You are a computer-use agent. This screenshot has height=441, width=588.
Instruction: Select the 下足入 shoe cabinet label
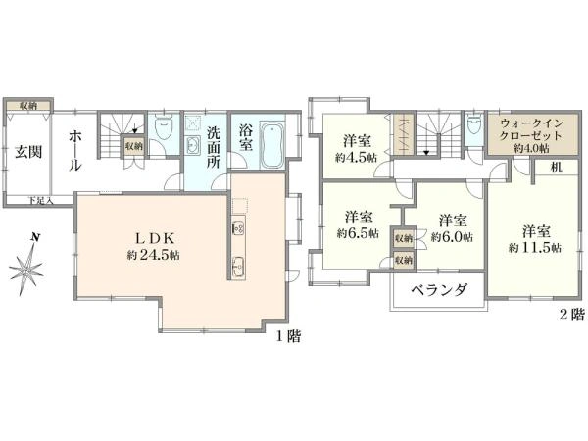pyautogui.click(x=40, y=201)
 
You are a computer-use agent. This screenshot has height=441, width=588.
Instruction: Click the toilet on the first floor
pyautogui.click(x=165, y=129)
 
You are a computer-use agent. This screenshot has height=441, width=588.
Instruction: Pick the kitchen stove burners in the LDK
pyautogui.click(x=236, y=230)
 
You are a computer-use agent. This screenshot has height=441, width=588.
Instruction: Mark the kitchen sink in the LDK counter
pyautogui.click(x=237, y=265)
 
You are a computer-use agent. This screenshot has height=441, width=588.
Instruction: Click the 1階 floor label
pyautogui.click(x=288, y=336)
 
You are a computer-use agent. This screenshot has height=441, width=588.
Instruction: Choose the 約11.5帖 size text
pyautogui.click(x=535, y=249)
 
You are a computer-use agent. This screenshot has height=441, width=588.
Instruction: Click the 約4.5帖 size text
pyautogui.click(x=356, y=158)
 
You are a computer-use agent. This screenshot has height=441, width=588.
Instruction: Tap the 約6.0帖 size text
pyautogui.click(x=452, y=236)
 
